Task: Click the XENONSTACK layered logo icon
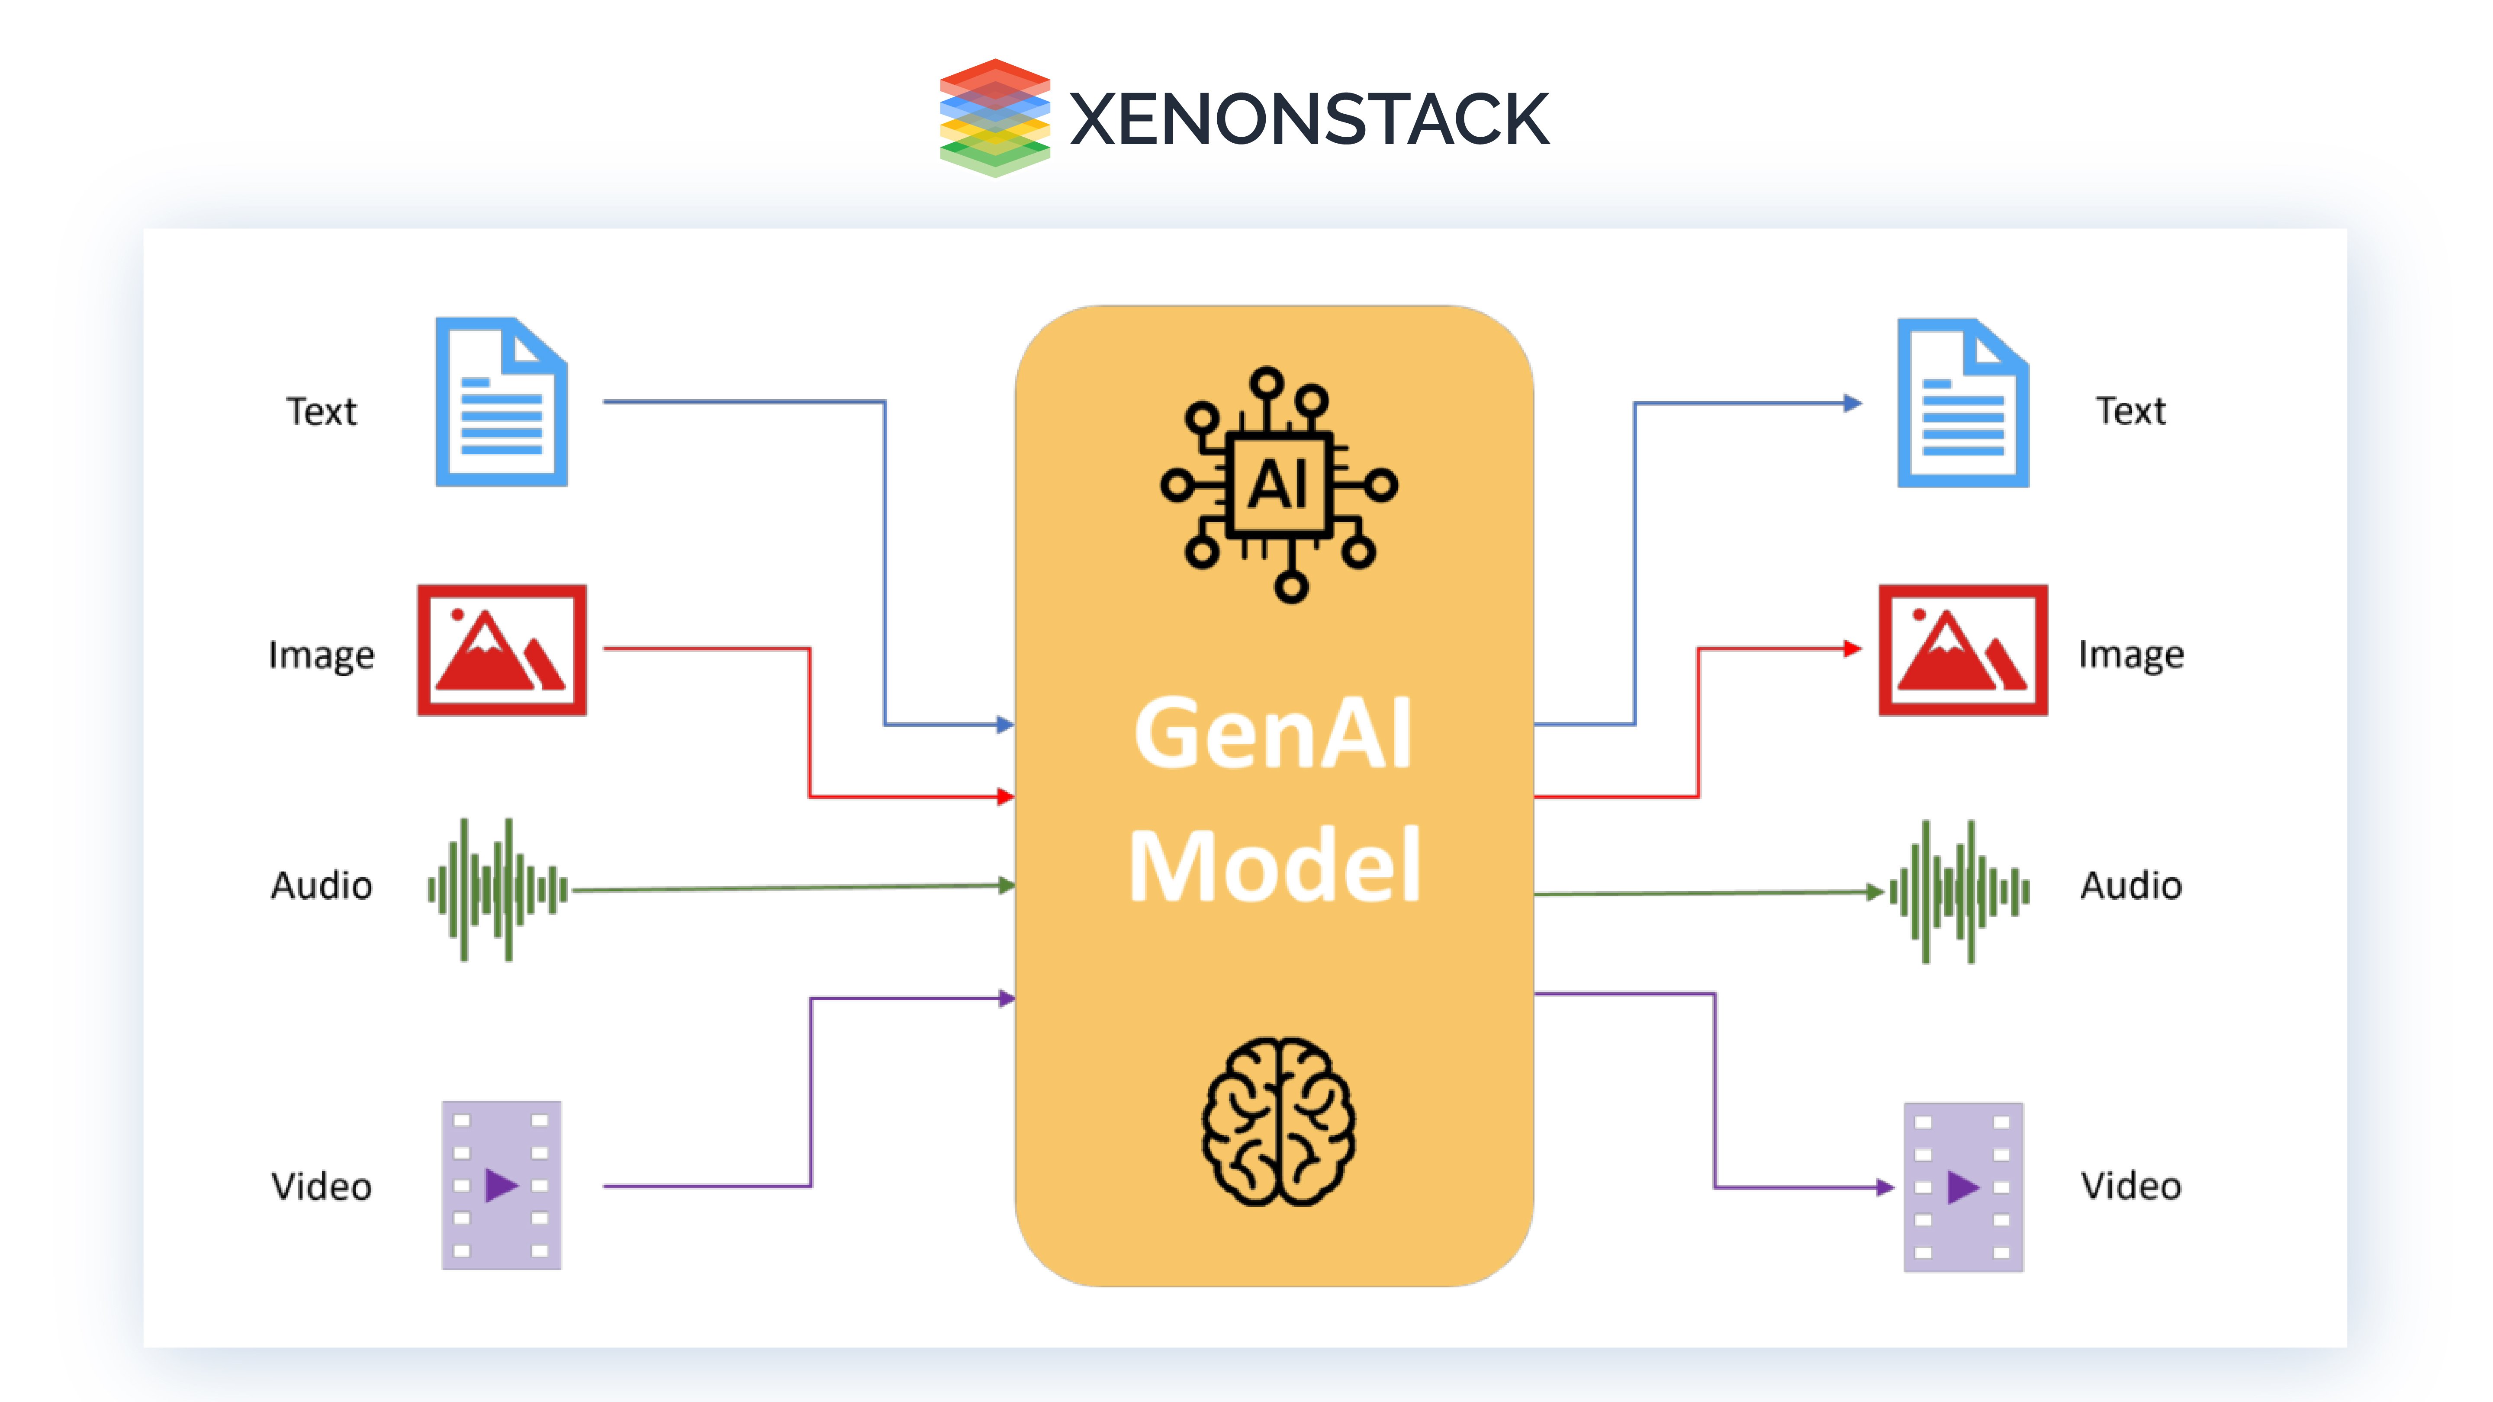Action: [994, 117]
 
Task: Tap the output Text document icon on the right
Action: [1962, 402]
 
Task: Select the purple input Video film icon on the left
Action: [501, 1185]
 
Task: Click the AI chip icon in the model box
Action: [1278, 484]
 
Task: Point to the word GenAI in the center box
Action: [1274, 733]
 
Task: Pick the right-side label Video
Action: [2131, 1186]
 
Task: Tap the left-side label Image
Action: [321, 655]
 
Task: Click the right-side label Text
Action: [2131, 411]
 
